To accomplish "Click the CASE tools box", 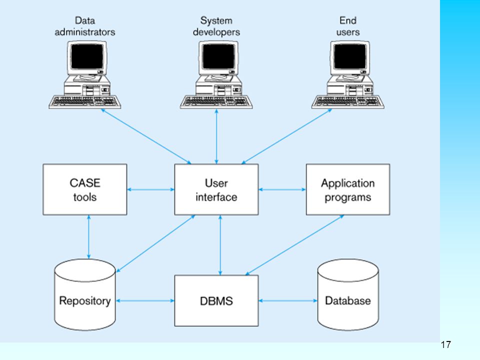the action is (x=85, y=189).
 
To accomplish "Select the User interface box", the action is (x=216, y=189).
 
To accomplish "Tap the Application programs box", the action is (x=348, y=189).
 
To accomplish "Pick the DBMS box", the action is (x=216, y=300).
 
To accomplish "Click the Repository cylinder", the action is (x=85, y=295).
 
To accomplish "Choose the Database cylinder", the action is (x=348, y=295).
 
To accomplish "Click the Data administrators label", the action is (x=85, y=26).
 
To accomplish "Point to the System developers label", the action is (x=216, y=26).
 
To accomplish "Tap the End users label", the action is (x=348, y=26).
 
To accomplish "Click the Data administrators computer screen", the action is (x=87, y=56).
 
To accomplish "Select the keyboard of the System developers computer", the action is (x=216, y=102).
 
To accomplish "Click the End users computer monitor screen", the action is (x=350, y=56).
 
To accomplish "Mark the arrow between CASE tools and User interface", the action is (x=150, y=189).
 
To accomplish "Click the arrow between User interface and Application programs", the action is (x=282, y=189).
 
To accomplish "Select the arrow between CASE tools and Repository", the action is (x=89, y=237).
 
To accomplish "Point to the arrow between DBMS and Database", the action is (x=288, y=300).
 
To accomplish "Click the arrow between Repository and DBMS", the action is (x=145, y=300).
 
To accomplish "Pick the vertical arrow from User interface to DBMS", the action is (x=220, y=245).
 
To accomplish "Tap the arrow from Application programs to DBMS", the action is (x=295, y=245).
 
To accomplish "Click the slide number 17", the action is (x=445, y=344).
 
